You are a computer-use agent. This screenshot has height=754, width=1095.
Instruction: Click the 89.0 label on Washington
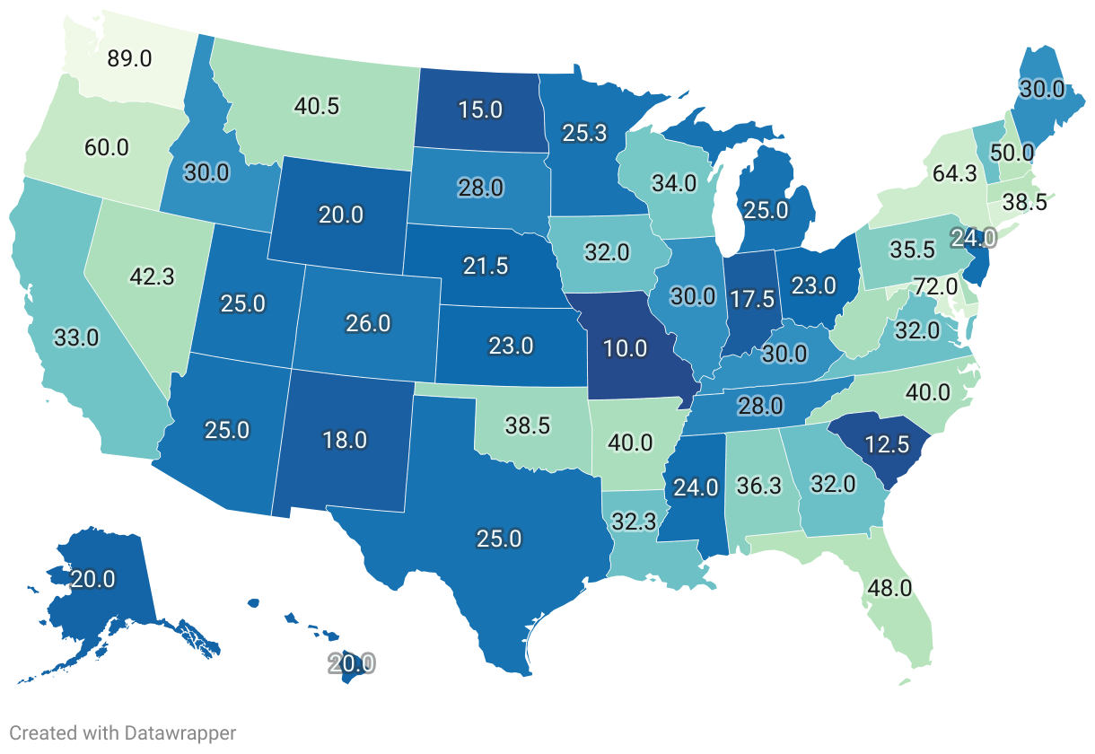point(130,58)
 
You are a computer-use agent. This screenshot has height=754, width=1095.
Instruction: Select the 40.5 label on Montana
point(316,106)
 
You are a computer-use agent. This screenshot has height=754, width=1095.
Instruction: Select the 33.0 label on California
point(75,339)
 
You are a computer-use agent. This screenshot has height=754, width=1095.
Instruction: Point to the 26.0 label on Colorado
point(368,323)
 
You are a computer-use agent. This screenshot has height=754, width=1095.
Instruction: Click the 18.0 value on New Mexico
point(345,440)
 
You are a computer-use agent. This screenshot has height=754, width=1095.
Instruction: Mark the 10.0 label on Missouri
point(624,346)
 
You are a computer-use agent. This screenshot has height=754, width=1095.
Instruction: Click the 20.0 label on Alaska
point(92,579)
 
